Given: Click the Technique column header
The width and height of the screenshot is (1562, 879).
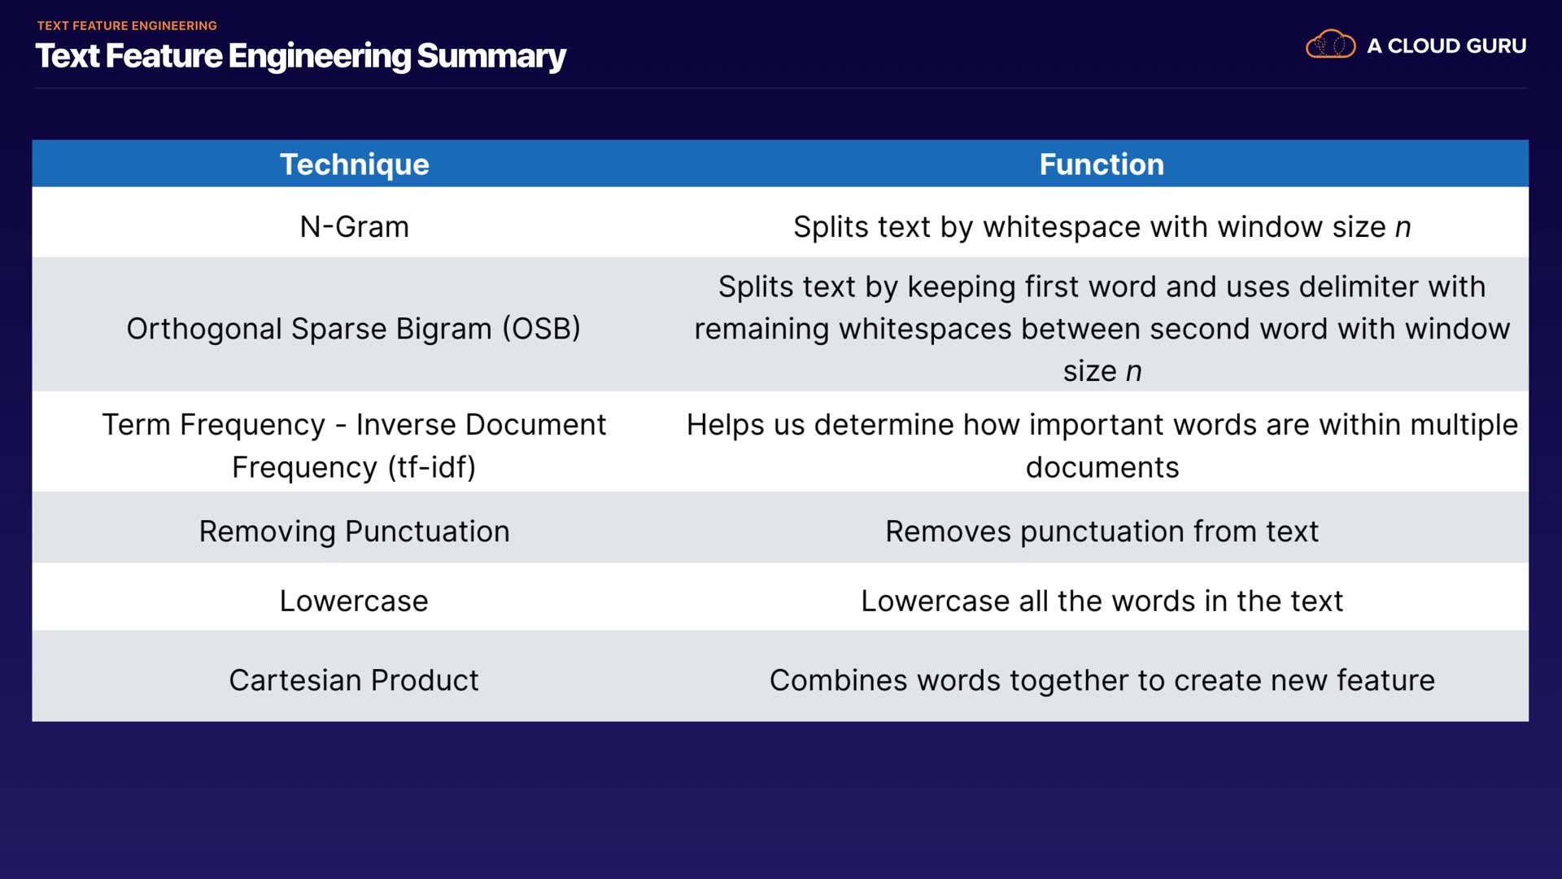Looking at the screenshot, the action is [354, 164].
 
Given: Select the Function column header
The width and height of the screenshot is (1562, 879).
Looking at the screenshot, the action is [1102, 164].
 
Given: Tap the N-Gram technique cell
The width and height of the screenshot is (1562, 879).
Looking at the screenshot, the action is [354, 226].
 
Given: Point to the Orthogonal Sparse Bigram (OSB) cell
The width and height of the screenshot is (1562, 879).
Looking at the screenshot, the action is [354, 329].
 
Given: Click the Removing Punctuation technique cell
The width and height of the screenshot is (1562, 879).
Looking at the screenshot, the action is [354, 531].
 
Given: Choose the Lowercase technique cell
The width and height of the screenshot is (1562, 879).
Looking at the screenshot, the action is [354, 601].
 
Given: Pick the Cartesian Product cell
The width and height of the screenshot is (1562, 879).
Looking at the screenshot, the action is [354, 680].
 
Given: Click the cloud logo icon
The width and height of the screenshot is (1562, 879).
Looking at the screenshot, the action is [1330, 45].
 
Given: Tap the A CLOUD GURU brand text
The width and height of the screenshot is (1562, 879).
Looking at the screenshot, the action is [1446, 46].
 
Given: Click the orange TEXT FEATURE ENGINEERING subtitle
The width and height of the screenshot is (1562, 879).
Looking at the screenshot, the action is [127, 25].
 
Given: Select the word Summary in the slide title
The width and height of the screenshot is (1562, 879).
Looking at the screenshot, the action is [491, 56].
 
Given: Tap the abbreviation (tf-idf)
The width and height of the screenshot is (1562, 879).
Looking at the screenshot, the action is [431, 468].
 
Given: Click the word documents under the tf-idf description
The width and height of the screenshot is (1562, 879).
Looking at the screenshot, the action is [1102, 468].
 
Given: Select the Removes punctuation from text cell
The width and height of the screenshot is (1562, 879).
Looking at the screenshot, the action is [1102, 531].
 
